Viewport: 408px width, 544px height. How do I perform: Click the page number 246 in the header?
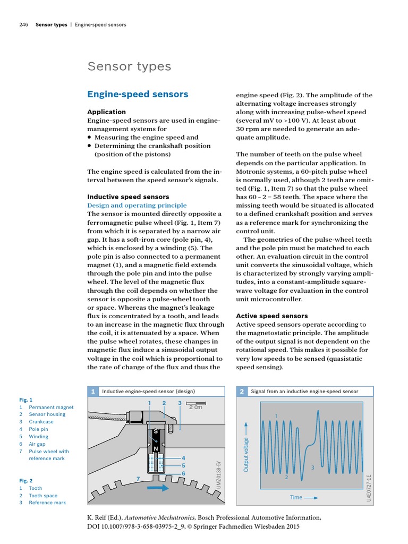[23, 24]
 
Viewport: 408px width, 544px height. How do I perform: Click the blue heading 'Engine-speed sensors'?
[138, 95]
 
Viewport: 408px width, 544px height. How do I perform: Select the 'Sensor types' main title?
[129, 66]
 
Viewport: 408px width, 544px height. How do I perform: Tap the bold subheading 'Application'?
[106, 112]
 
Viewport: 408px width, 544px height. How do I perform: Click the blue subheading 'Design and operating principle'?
[137, 205]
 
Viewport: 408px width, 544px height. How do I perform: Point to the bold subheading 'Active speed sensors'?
[271, 316]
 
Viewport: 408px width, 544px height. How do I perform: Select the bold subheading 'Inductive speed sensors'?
[128, 197]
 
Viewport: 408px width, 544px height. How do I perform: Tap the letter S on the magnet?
[156, 432]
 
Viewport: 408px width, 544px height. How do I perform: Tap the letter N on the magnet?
[156, 449]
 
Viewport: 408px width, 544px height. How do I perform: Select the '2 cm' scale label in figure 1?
[195, 407]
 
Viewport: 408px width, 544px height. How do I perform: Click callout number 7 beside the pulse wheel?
[138, 479]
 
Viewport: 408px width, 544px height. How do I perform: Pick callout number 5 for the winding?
[183, 465]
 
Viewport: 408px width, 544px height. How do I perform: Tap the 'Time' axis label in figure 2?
[296, 498]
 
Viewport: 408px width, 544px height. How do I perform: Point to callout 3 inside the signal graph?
[312, 467]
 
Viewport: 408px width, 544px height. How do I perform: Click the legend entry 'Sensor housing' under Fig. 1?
[47, 414]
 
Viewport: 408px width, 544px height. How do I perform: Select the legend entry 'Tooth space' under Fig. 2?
[43, 495]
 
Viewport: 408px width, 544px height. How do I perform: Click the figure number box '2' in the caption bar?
[241, 392]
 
